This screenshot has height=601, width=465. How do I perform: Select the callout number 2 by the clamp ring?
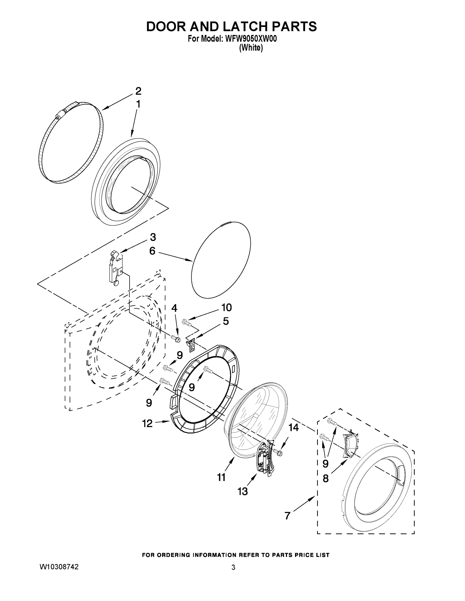tap(138, 91)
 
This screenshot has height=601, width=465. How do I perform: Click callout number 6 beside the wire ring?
tap(152, 251)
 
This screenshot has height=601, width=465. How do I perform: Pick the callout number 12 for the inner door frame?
tap(147, 423)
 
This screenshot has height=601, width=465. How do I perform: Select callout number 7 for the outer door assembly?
tap(287, 515)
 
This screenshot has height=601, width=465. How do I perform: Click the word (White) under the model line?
tap(251, 48)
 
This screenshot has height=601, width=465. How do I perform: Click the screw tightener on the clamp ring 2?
tap(61, 113)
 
